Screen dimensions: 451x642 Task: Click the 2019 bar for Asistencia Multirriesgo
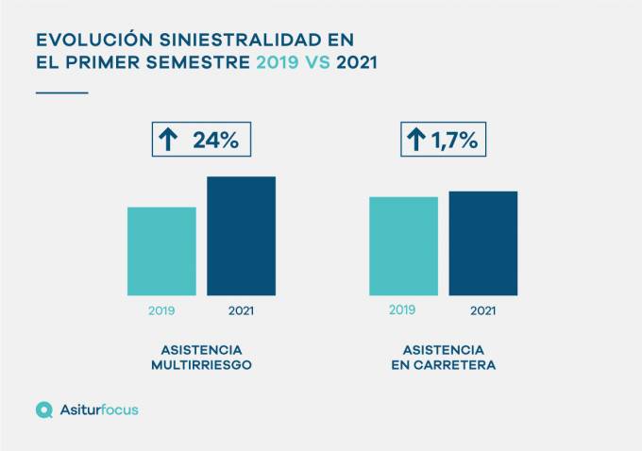(x=161, y=251)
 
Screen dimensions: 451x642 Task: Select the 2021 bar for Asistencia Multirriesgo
(x=241, y=236)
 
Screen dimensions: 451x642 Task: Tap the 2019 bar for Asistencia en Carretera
(x=403, y=245)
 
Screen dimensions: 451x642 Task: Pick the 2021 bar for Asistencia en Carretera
(x=482, y=242)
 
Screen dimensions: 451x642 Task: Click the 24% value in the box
(x=215, y=141)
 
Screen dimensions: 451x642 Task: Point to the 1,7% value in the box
(x=454, y=141)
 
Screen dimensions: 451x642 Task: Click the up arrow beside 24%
(x=168, y=141)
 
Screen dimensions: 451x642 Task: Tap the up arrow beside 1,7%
(x=415, y=141)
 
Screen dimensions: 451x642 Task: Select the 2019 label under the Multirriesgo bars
(x=161, y=309)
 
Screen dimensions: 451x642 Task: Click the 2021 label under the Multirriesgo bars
(x=242, y=309)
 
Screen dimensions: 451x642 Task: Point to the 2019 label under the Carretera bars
(x=402, y=309)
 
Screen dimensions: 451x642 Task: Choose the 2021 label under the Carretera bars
(x=482, y=309)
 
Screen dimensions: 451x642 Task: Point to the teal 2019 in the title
(x=276, y=63)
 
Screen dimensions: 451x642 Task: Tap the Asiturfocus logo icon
(x=43, y=409)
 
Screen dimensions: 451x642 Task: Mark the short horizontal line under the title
(x=61, y=92)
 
